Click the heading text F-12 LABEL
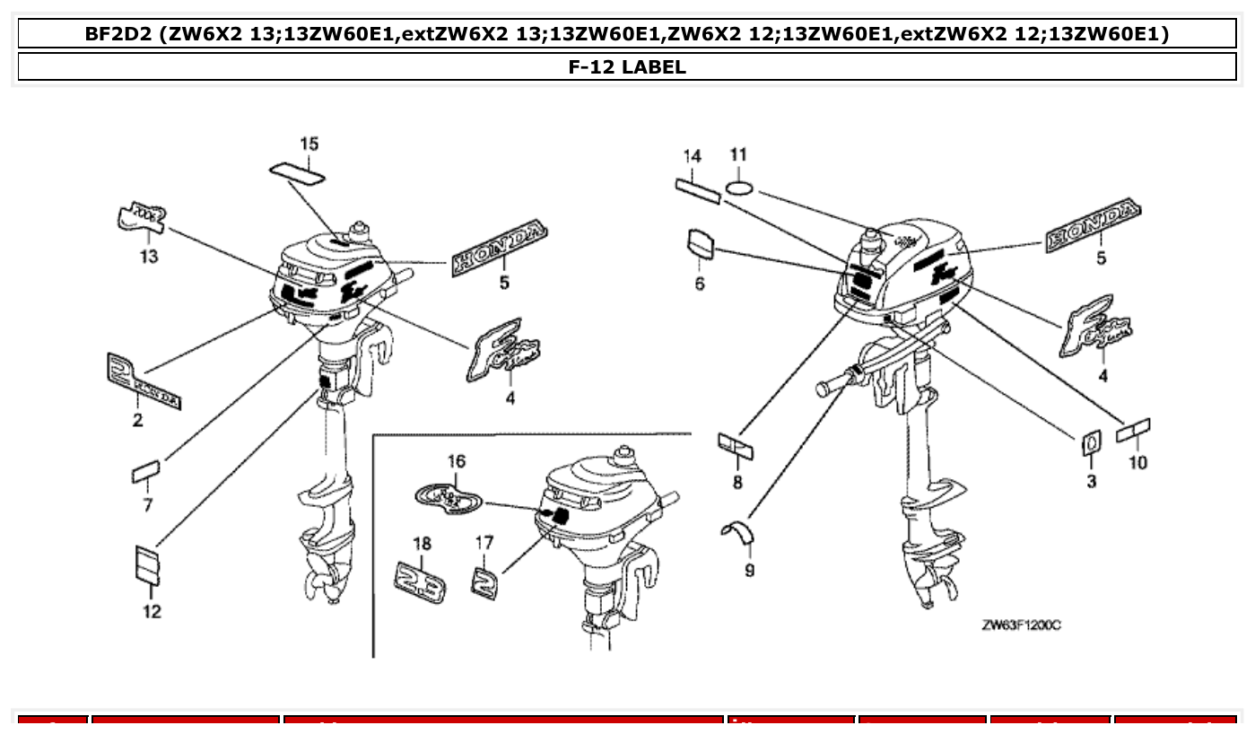pos(627,66)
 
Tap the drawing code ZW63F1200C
pos(1021,625)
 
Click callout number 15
pos(309,144)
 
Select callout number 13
pos(148,258)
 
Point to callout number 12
pos(152,611)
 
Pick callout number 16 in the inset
pos(456,461)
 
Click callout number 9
pos(749,570)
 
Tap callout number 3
pos(1091,482)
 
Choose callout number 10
pos(1137,462)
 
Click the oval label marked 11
pos(738,188)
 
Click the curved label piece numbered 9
pos(738,531)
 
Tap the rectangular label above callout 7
pos(145,471)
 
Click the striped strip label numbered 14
pos(698,190)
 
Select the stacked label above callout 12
pos(147,564)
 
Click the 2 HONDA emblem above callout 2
pos(142,380)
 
